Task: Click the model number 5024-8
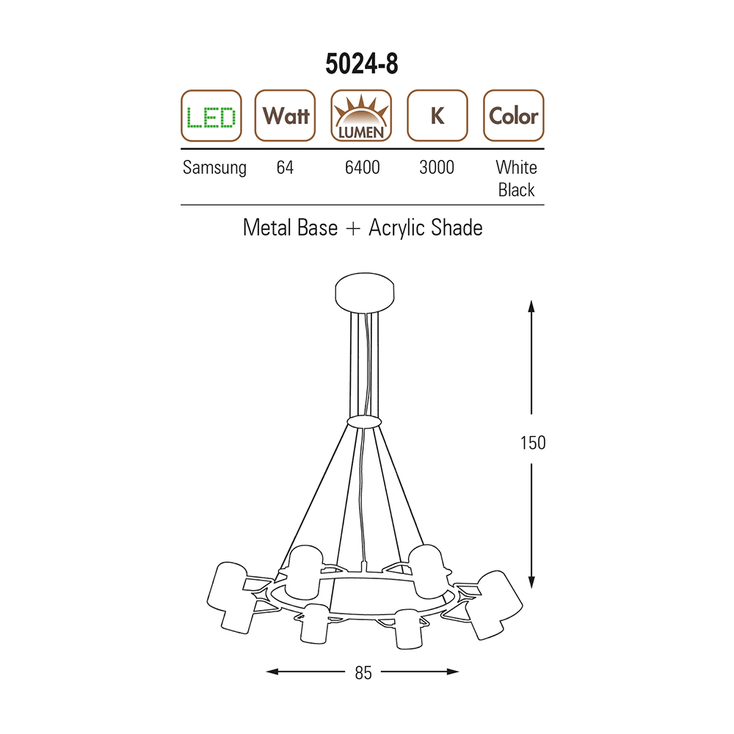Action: click(x=362, y=64)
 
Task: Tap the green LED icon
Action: click(x=211, y=116)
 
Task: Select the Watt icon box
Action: click(x=285, y=116)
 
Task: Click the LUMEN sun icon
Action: click(x=361, y=116)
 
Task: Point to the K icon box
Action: click(x=437, y=116)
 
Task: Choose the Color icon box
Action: click(x=514, y=116)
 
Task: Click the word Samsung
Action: click(x=214, y=168)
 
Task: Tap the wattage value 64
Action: click(x=285, y=167)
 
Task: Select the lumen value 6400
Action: click(x=363, y=167)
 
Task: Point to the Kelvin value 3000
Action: click(x=437, y=167)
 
